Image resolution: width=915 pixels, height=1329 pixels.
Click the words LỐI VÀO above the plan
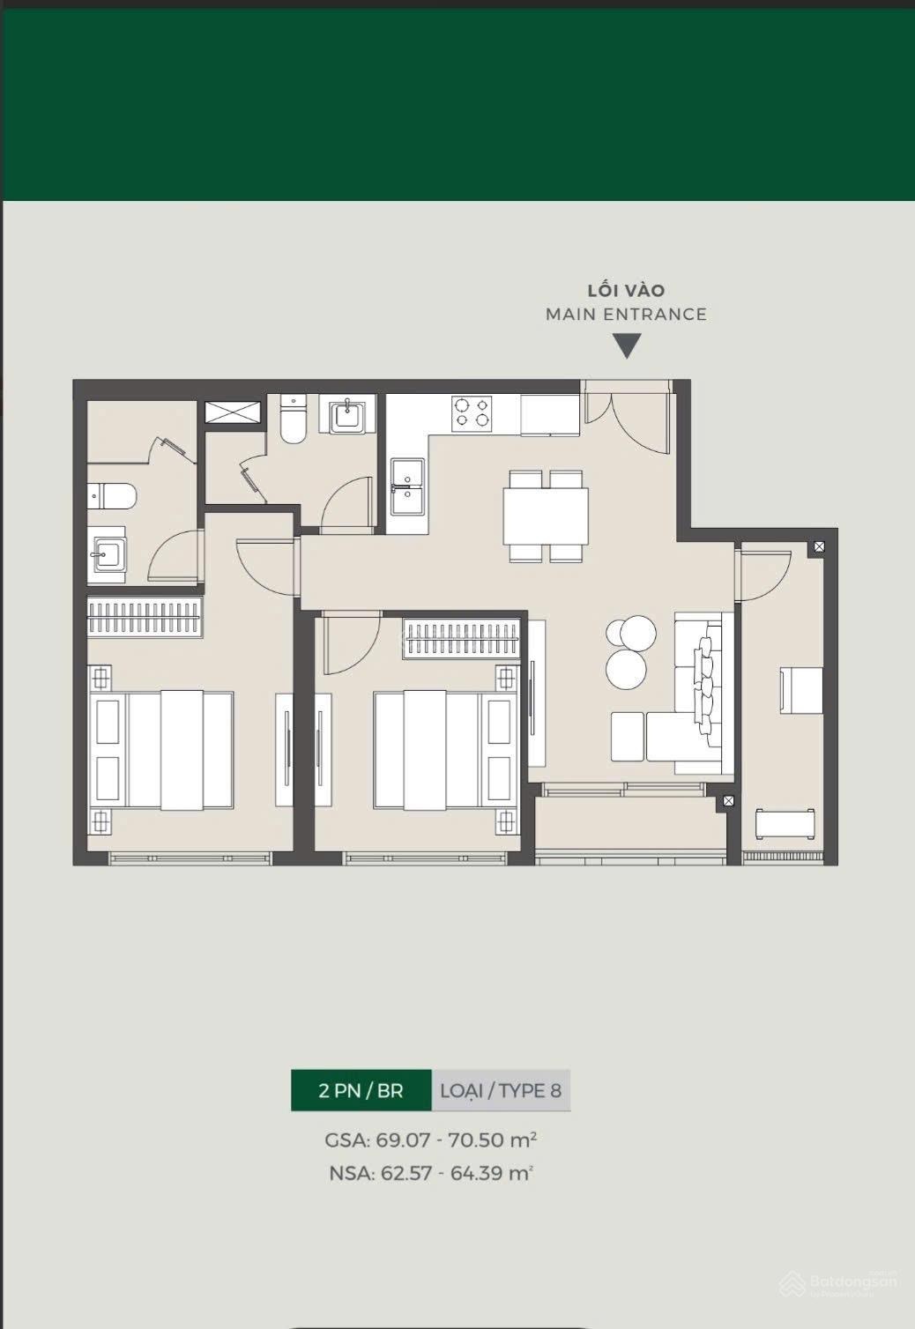(x=626, y=290)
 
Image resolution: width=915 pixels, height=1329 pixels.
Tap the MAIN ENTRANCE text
(x=626, y=314)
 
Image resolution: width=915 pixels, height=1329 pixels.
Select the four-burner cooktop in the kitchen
(x=472, y=413)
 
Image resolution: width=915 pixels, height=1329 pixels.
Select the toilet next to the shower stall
(x=293, y=419)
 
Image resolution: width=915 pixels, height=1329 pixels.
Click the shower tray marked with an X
(x=233, y=412)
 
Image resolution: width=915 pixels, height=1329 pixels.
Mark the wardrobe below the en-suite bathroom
(x=145, y=617)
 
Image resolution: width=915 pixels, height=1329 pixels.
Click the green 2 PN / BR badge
(x=361, y=1090)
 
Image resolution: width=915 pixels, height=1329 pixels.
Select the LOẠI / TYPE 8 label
(x=501, y=1090)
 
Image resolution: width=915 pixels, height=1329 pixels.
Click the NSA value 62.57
(x=406, y=1173)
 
